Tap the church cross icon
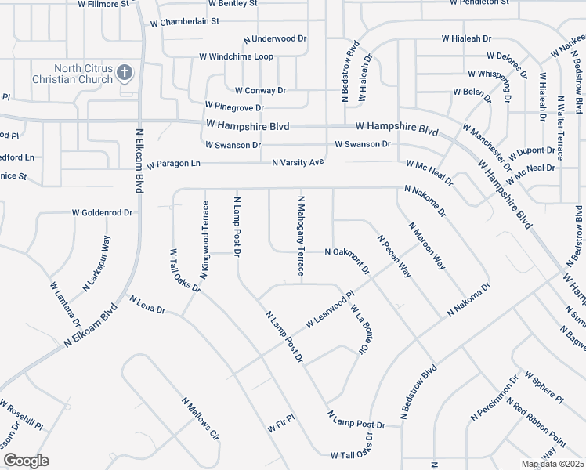click(x=124, y=74)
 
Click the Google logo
click(x=26, y=461)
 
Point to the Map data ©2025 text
click(x=552, y=464)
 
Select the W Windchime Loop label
click(x=236, y=56)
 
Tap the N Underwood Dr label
click(x=275, y=38)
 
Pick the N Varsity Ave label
click(x=298, y=162)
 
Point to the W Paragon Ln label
click(x=174, y=164)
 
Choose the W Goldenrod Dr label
click(x=103, y=212)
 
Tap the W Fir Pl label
click(x=280, y=423)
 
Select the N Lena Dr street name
click(x=147, y=305)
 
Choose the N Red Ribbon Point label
click(x=536, y=423)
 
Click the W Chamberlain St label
click(x=185, y=21)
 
